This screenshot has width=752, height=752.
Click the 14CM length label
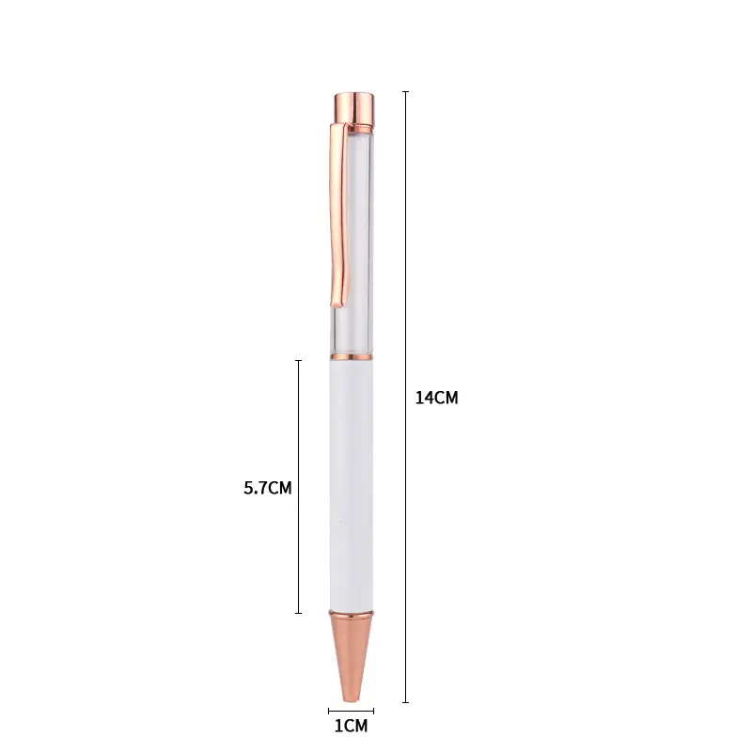[436, 398]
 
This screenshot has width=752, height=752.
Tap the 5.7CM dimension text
[268, 488]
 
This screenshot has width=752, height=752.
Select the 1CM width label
[351, 726]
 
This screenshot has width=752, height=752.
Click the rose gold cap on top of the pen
[352, 106]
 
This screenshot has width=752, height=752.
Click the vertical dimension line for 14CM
[406, 282]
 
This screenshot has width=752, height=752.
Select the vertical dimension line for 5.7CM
[299, 423]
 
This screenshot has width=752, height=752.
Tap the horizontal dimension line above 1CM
[351, 711]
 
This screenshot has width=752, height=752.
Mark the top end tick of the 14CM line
[406, 91]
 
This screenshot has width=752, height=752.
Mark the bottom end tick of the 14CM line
[406, 702]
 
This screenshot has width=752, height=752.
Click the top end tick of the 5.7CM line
[299, 360]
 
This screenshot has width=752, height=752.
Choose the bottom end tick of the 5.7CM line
[299, 614]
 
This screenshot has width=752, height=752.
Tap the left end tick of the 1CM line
[329, 711]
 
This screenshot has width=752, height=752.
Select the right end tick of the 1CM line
[373, 711]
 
